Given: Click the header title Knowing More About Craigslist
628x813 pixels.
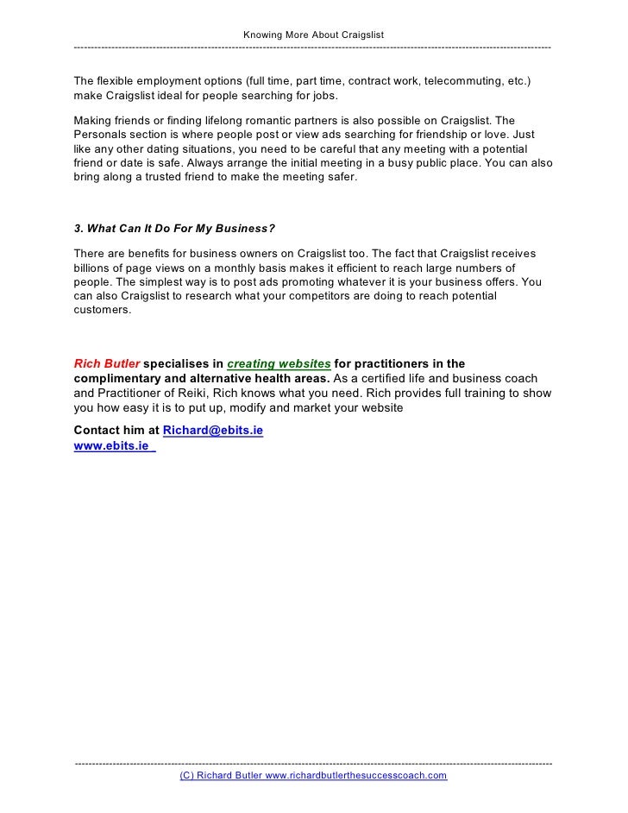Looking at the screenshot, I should point(313,34).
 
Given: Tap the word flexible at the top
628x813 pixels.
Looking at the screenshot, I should point(116,81).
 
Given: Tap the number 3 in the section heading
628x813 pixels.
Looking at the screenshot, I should point(78,229).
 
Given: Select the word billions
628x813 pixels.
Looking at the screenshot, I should point(94,268).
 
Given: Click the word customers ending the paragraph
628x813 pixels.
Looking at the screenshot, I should point(103,311).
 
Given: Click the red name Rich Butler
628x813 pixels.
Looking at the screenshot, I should point(107,363).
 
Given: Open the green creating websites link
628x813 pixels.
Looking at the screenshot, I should point(279,363).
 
